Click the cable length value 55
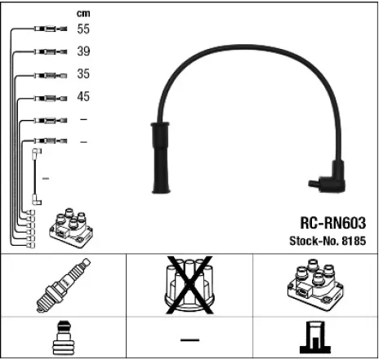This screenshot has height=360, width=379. click(x=82, y=29)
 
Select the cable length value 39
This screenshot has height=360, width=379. click(x=82, y=51)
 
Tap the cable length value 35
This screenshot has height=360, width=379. click(x=82, y=74)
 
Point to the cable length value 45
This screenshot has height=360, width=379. click(x=82, y=97)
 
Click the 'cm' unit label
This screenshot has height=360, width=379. click(x=82, y=12)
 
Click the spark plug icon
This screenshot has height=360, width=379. click(x=63, y=287)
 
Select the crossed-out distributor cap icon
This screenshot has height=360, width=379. click(x=189, y=287)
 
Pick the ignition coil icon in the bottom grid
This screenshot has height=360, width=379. click(x=315, y=287)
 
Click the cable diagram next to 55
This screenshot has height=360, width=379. click(x=49, y=29)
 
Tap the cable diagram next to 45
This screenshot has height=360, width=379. click(x=49, y=98)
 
